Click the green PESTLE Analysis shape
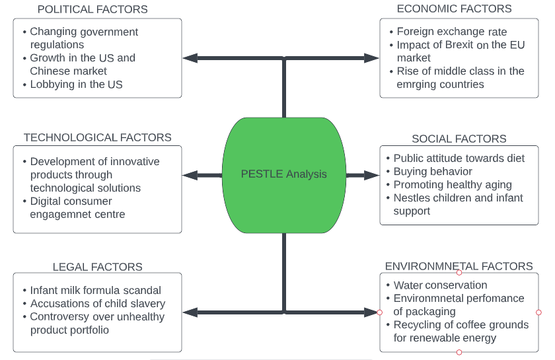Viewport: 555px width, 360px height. [284, 175]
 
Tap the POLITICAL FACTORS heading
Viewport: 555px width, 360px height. [92, 9]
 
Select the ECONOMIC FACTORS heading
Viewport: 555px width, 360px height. [454, 9]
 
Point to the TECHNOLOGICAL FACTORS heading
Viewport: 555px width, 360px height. [97, 137]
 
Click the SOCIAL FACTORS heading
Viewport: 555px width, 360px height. [459, 139]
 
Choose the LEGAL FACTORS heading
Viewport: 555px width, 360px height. [97, 267]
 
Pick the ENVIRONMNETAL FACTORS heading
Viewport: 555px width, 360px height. [459, 266]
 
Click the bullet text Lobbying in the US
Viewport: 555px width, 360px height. [76, 84]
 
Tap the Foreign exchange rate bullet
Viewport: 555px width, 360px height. [452, 32]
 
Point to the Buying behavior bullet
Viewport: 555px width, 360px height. [433, 172]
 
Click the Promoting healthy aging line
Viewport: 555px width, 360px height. [453, 185]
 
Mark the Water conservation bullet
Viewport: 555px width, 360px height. [440, 285]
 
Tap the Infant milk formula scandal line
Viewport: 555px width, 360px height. [95, 290]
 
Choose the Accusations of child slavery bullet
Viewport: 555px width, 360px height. [97, 304]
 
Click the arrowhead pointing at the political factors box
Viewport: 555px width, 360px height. [190, 58]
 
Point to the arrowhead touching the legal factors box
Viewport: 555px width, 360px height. [190, 312]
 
